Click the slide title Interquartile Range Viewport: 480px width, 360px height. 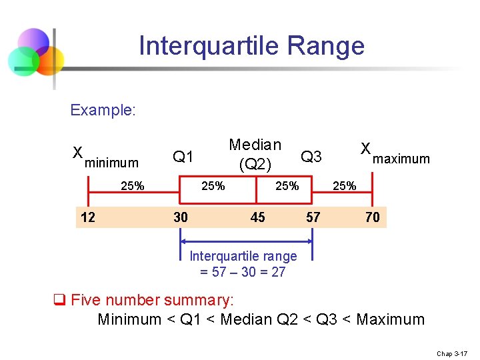pyautogui.click(x=251, y=46)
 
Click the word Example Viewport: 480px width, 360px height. pyautogui.click(x=103, y=110)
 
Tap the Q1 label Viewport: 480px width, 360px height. pyautogui.click(x=182, y=157)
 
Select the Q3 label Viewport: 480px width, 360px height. pyautogui.click(x=311, y=157)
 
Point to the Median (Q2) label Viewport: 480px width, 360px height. pyautogui.click(x=255, y=154)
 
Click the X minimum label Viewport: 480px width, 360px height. pyautogui.click(x=105, y=159)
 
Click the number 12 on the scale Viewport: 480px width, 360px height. pyautogui.click(x=87, y=217)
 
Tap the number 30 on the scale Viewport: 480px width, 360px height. pyautogui.click(x=180, y=217)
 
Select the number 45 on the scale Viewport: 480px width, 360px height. pyautogui.click(x=257, y=217)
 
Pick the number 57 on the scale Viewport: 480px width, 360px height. pyautogui.click(x=313, y=217)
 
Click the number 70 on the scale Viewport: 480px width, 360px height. pyautogui.click(x=372, y=217)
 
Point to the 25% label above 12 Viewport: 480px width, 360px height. pyautogui.click(x=133, y=186)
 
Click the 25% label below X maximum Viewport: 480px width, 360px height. pyautogui.click(x=344, y=186)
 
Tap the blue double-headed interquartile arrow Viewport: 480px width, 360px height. pyautogui.click(x=247, y=241)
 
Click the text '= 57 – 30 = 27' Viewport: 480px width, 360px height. pyautogui.click(x=243, y=271)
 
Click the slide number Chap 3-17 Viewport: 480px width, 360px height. pyautogui.click(x=453, y=353)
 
